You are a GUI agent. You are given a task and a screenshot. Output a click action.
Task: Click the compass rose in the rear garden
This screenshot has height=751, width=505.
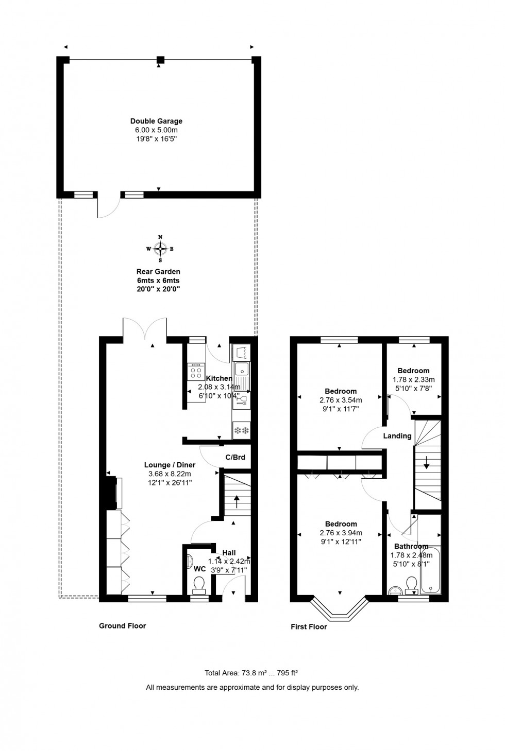160,249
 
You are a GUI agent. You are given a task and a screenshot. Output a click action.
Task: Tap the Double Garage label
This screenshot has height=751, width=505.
156,121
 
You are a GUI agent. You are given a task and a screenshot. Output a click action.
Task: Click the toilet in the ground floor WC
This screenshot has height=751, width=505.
198,583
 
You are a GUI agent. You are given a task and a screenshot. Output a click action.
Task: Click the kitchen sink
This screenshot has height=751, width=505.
241,369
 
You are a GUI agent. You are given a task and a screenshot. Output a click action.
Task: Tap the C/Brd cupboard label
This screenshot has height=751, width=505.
235,457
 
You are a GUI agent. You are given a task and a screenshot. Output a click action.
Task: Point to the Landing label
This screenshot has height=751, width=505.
397,436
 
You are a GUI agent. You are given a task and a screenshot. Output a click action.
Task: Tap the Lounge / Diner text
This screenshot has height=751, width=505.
170,465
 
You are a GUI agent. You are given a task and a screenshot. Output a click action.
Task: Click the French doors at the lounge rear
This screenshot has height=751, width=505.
145,329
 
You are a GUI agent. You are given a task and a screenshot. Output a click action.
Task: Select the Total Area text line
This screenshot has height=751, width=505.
252,673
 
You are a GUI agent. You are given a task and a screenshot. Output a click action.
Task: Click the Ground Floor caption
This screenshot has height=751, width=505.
122,626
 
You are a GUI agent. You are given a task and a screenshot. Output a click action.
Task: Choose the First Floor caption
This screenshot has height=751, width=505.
309,626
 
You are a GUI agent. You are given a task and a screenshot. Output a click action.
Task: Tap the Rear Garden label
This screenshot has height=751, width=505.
158,271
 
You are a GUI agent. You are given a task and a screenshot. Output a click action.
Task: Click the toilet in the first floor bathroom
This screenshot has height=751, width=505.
411,584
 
